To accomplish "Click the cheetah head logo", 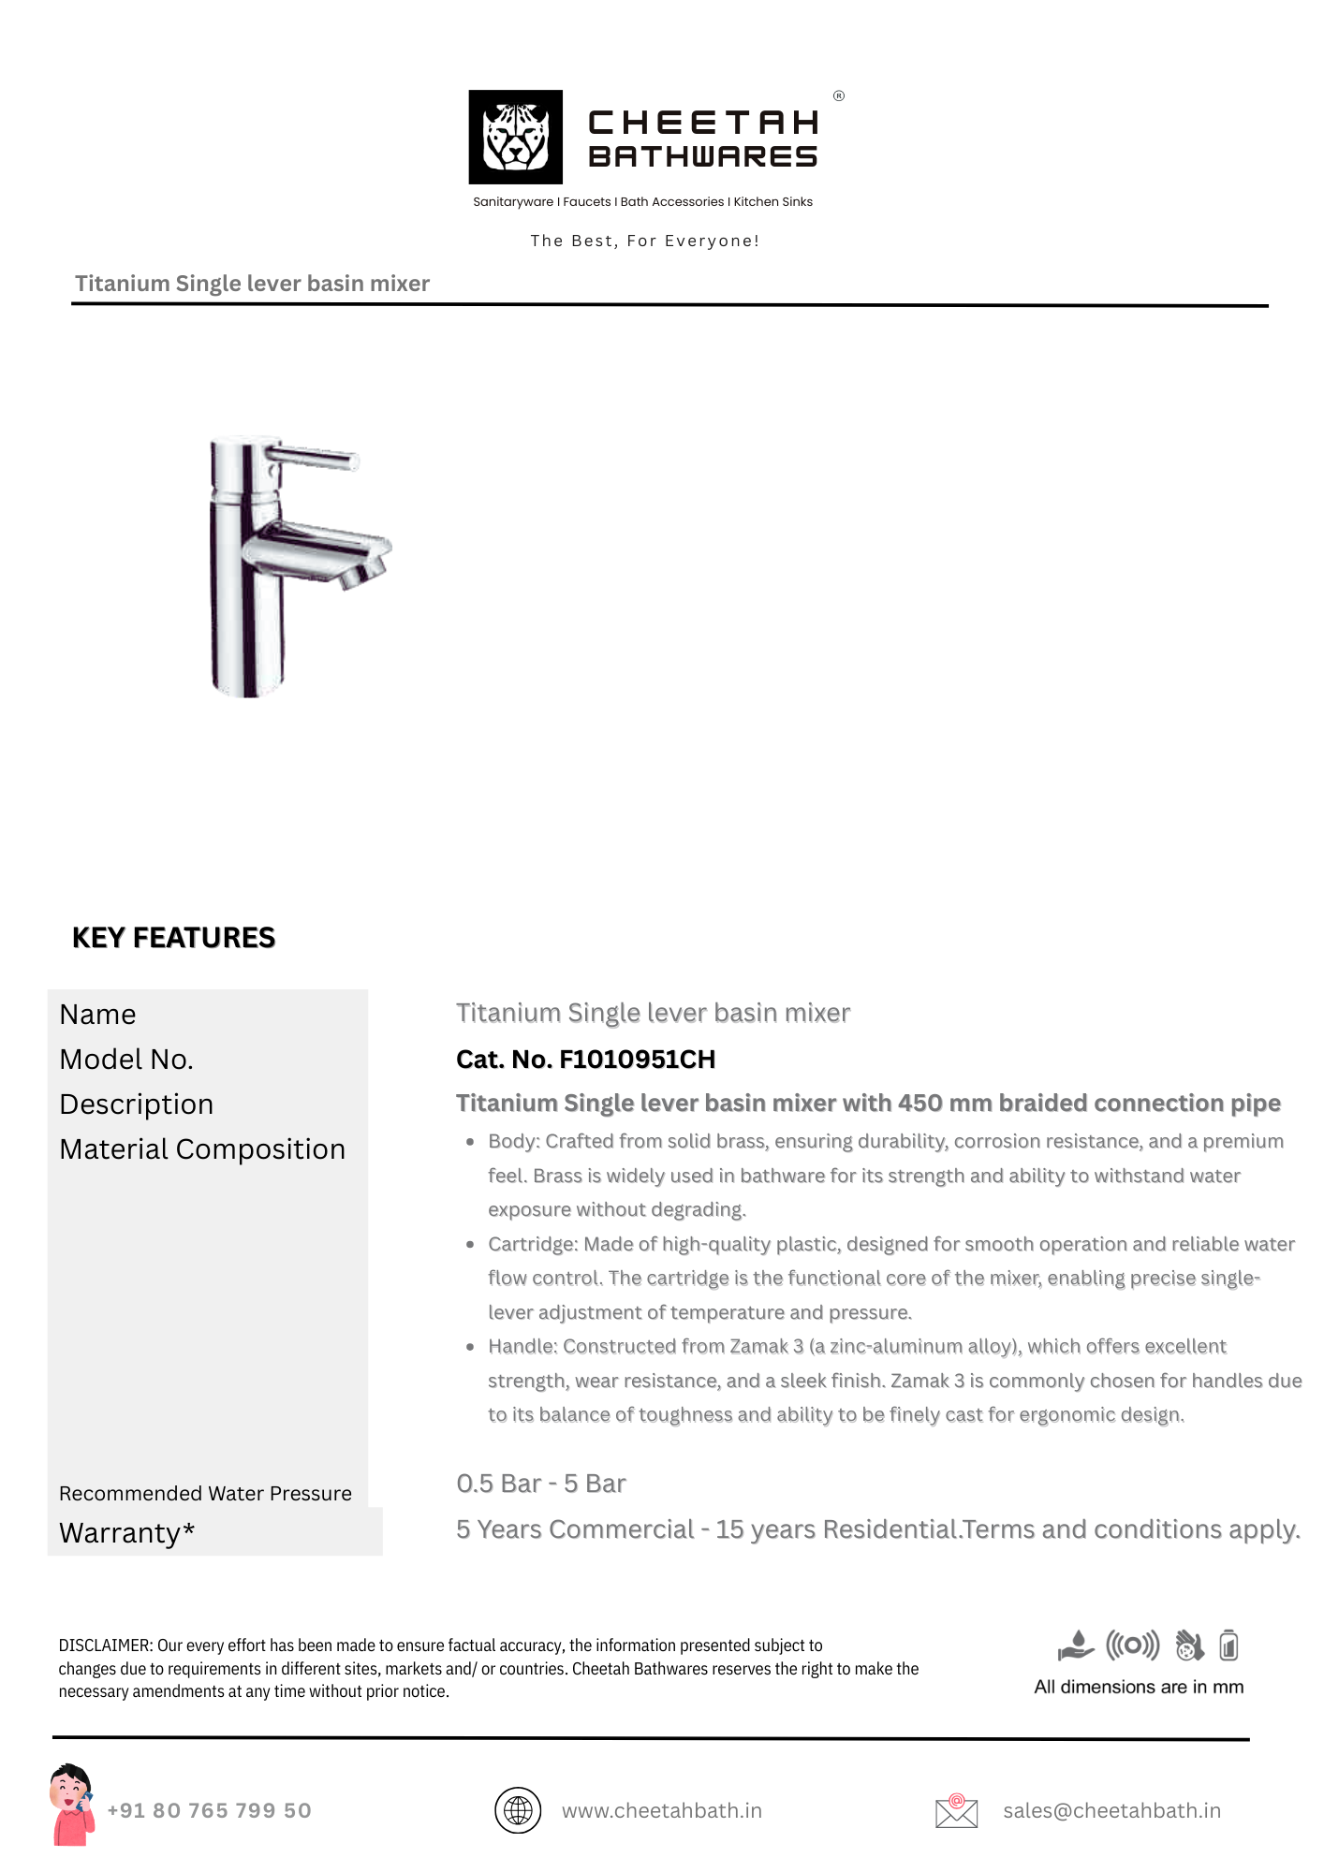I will pos(515,137).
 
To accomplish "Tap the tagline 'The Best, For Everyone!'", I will pos(644,241).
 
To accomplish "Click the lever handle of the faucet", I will pos(314,459).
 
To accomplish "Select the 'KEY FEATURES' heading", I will pos(173,938).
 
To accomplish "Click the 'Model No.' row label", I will pos(126,1060).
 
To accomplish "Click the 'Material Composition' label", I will pos(202,1149).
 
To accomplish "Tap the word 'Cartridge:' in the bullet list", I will pos(533,1244).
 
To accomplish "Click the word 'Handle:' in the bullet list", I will pos(522,1346).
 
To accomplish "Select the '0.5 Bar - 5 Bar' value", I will pos(541,1484).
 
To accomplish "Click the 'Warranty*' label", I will pos(127,1533).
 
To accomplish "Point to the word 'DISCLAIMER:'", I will pos(105,1645).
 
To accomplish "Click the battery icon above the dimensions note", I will pos(1229,1645).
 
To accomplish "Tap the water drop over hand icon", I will pos(1076,1645).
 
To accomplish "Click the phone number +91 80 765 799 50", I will pos(210,1810).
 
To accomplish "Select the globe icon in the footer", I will pos(518,1810).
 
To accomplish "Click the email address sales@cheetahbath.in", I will pos(1111,1810).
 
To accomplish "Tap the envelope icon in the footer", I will pos(956,1811).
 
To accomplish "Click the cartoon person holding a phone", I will pos(72,1805).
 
